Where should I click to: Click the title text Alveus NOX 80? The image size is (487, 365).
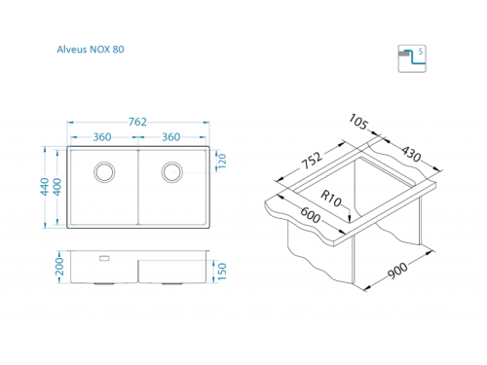(x=91, y=50)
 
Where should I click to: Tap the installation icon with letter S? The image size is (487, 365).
(x=412, y=58)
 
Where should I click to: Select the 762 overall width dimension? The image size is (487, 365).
(x=137, y=122)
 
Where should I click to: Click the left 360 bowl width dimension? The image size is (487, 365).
(x=102, y=137)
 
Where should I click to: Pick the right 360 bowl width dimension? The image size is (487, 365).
(x=171, y=137)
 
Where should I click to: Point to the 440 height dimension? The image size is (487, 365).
(x=45, y=187)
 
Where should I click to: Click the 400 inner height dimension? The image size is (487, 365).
(x=57, y=187)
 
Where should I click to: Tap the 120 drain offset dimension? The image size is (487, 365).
(x=222, y=161)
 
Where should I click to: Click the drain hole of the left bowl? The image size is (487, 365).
(x=104, y=172)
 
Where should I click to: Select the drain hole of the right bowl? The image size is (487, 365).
(x=172, y=172)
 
